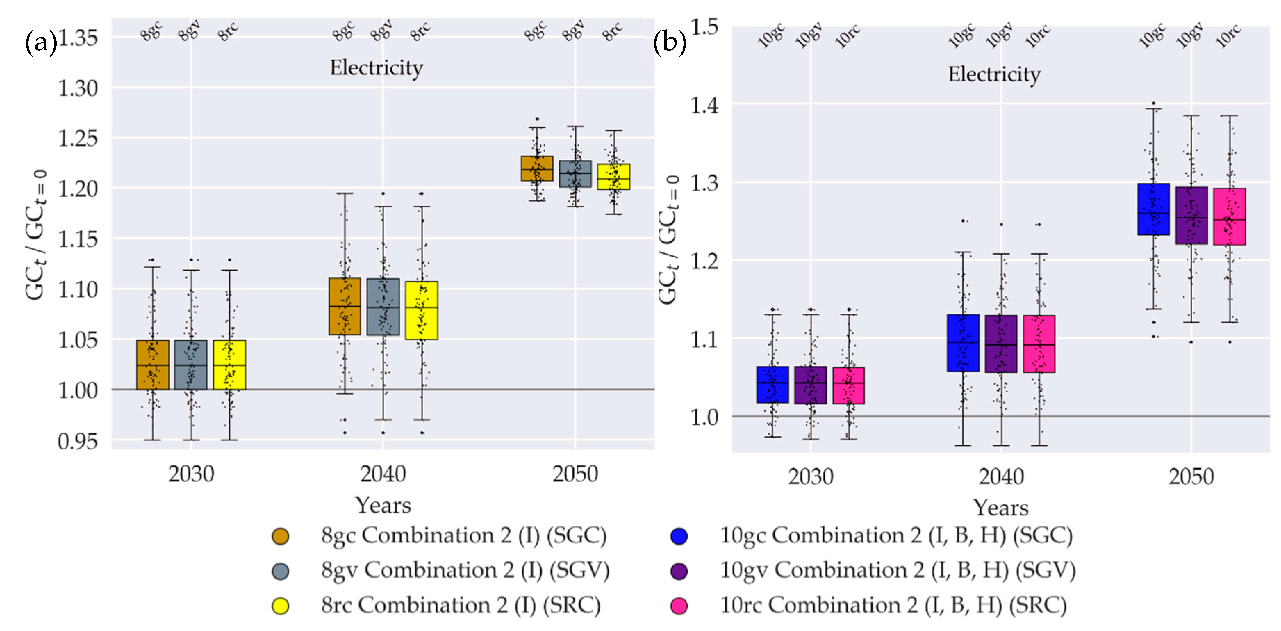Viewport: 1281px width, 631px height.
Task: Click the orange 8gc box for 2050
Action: (x=537, y=168)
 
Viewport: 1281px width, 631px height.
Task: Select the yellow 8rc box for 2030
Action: (x=229, y=365)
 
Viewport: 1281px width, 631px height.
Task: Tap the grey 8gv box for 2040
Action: (x=383, y=306)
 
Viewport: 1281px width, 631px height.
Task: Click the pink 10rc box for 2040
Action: (x=1039, y=343)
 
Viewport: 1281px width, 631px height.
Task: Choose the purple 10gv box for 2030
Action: (x=811, y=385)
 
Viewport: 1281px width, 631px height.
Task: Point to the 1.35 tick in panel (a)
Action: (x=78, y=38)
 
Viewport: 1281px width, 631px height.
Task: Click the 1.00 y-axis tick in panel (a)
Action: (x=78, y=390)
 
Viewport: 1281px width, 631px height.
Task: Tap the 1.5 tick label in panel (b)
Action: (x=704, y=26)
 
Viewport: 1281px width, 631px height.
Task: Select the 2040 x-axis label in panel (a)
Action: (x=383, y=474)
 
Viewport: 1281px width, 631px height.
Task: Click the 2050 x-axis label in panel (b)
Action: (x=1191, y=476)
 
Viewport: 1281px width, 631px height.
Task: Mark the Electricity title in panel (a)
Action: (x=377, y=68)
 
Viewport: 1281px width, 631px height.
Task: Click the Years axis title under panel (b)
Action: (x=1001, y=508)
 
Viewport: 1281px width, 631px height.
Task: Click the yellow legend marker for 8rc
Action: (x=280, y=606)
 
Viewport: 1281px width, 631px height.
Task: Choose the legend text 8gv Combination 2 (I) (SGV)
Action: (x=465, y=570)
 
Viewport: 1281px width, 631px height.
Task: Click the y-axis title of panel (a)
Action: (x=36, y=235)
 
